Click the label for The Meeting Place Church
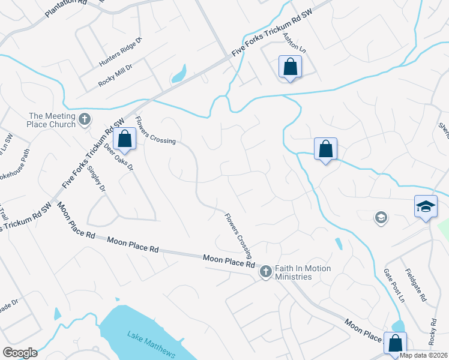point(53,120)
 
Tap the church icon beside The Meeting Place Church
point(85,119)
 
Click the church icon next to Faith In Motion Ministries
point(265,272)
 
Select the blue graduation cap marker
point(426,206)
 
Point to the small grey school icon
point(380,217)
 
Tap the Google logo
point(20,353)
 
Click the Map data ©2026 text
point(423,355)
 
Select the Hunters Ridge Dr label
point(120,52)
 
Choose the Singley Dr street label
point(96,179)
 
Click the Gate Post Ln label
point(394,285)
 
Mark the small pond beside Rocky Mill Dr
point(178,76)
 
